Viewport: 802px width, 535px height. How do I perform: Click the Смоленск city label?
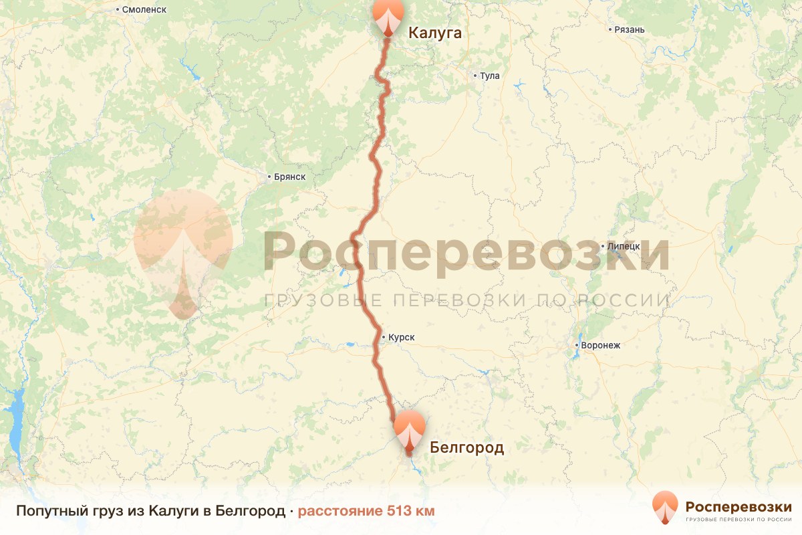[x=144, y=9]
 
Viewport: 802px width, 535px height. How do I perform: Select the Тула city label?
[x=489, y=76]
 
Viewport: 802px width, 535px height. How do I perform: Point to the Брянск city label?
[x=289, y=177]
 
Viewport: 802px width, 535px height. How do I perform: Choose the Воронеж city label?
[x=601, y=346]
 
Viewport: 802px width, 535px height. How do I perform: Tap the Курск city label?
[x=401, y=338]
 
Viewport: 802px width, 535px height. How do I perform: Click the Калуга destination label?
[x=434, y=33]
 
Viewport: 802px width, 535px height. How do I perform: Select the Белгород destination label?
[x=466, y=447]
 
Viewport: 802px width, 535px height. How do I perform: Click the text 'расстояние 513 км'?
[x=366, y=511]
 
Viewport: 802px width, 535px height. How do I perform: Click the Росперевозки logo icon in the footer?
[x=665, y=508]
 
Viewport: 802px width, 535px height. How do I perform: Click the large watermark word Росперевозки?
[x=466, y=251]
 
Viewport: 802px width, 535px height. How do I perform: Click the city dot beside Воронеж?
[x=577, y=345]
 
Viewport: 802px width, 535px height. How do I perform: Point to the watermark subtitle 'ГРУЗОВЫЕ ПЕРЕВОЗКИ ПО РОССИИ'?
[x=466, y=300]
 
